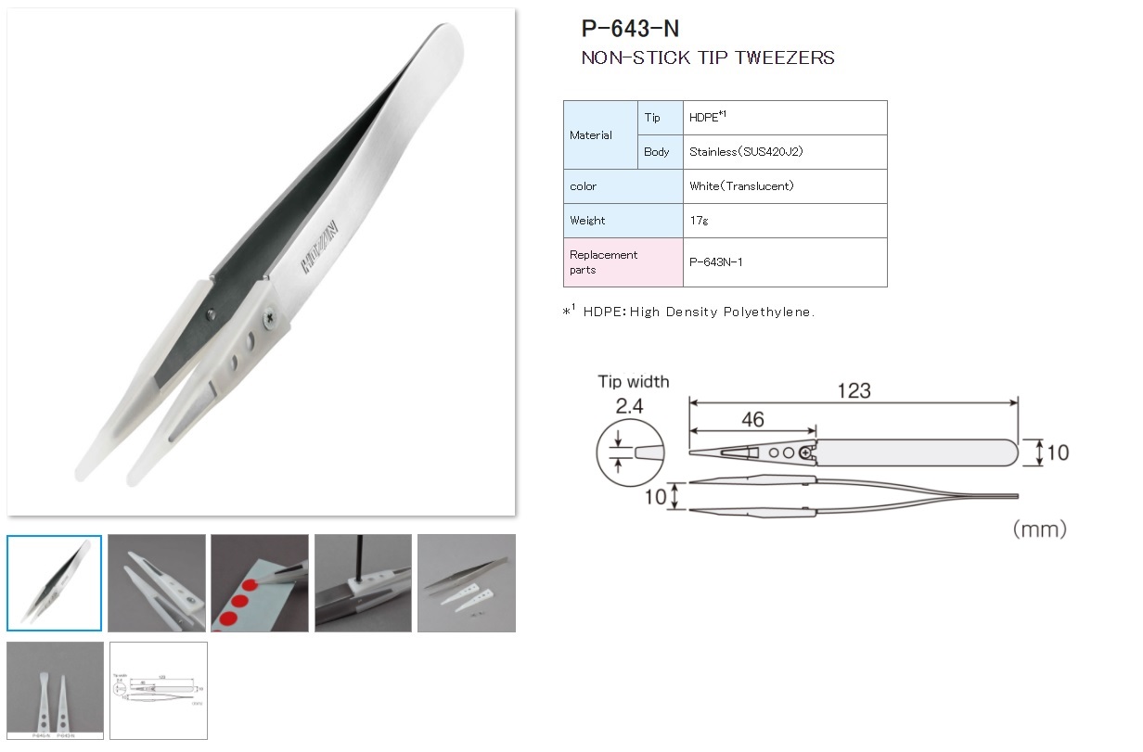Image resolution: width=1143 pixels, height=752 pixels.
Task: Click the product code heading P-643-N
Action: pos(631,30)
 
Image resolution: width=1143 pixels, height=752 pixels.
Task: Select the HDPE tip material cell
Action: pos(784,118)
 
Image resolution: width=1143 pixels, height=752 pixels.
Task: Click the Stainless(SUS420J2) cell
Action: pos(784,152)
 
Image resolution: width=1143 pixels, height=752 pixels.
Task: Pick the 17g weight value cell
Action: pos(784,221)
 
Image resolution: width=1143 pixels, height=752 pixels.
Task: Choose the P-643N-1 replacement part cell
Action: pos(784,262)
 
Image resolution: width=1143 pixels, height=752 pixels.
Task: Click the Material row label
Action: pos(591,135)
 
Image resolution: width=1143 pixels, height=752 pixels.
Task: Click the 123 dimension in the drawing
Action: pos(854,390)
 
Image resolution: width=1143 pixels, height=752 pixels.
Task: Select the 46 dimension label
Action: pos(752,420)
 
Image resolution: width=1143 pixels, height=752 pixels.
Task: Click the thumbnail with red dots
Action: pos(260,583)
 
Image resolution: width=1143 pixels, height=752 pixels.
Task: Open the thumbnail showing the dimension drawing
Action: pos(158,691)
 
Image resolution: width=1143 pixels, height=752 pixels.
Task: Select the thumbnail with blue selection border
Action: pos(55,583)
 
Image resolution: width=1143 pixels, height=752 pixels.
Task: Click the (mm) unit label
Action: pos(1039,529)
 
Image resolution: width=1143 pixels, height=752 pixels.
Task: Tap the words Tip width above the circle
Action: pos(633,382)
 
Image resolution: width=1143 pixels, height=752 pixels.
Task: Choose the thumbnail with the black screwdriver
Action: pos(363,583)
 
